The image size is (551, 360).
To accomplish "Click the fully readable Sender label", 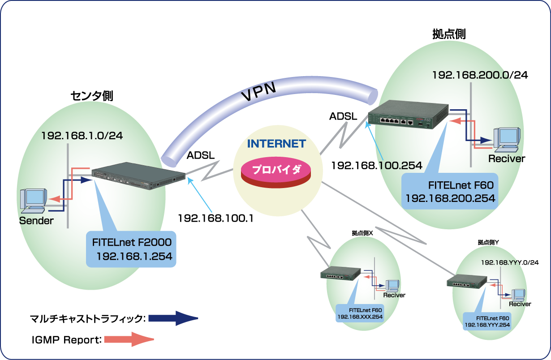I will point(36,220).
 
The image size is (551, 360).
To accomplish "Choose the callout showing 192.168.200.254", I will point(449,191).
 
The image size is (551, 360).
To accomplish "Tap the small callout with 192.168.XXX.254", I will point(360,313).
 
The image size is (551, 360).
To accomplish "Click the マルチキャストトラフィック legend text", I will point(88,319).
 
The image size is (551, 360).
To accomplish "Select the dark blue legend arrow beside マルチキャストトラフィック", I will point(173,319).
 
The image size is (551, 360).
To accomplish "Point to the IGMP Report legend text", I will point(67,340).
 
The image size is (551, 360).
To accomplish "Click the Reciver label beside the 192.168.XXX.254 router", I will point(394,295).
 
